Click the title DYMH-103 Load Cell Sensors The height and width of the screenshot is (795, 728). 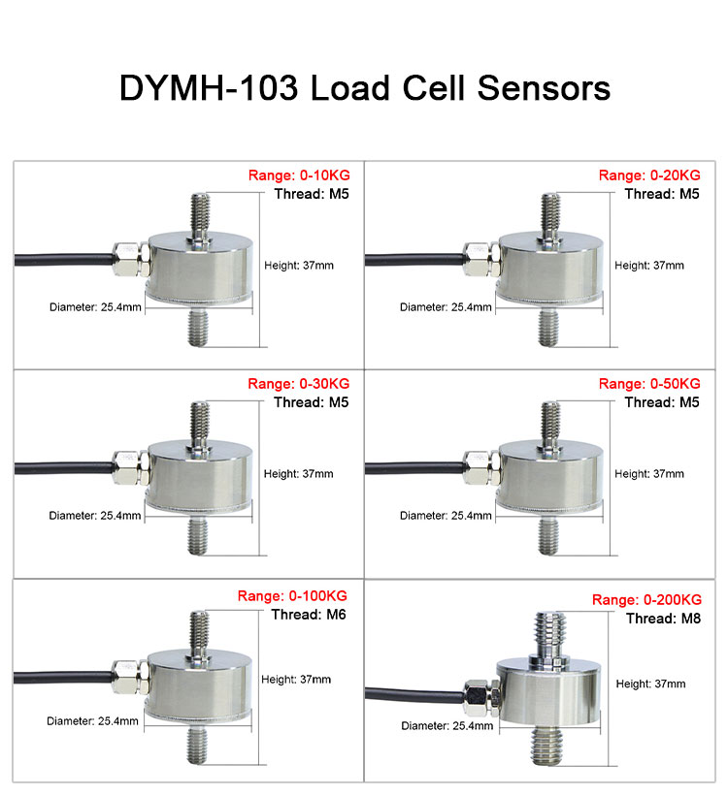click(365, 87)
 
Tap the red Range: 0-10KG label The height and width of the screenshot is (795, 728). click(299, 175)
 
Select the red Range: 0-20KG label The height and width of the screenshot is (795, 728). click(649, 175)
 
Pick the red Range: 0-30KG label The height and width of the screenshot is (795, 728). click(299, 384)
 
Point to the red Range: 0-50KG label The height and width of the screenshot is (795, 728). click(649, 384)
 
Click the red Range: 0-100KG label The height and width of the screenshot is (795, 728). click(292, 595)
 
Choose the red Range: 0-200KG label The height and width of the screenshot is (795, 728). click(646, 600)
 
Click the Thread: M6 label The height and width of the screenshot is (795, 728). click(309, 615)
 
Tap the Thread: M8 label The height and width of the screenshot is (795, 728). click(663, 619)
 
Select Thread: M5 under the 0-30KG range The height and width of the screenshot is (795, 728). click(312, 402)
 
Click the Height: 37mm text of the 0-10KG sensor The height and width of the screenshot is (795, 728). click(299, 266)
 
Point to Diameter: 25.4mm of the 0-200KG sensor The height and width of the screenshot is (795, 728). click(447, 725)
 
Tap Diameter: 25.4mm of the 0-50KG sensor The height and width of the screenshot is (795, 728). click(446, 516)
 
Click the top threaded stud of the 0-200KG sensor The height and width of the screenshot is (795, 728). click(549, 637)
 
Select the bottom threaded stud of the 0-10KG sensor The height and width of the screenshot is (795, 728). click(198, 328)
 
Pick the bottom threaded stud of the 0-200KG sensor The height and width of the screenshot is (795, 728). click(548, 745)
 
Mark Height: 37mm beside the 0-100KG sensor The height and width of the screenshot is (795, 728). click(296, 680)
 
